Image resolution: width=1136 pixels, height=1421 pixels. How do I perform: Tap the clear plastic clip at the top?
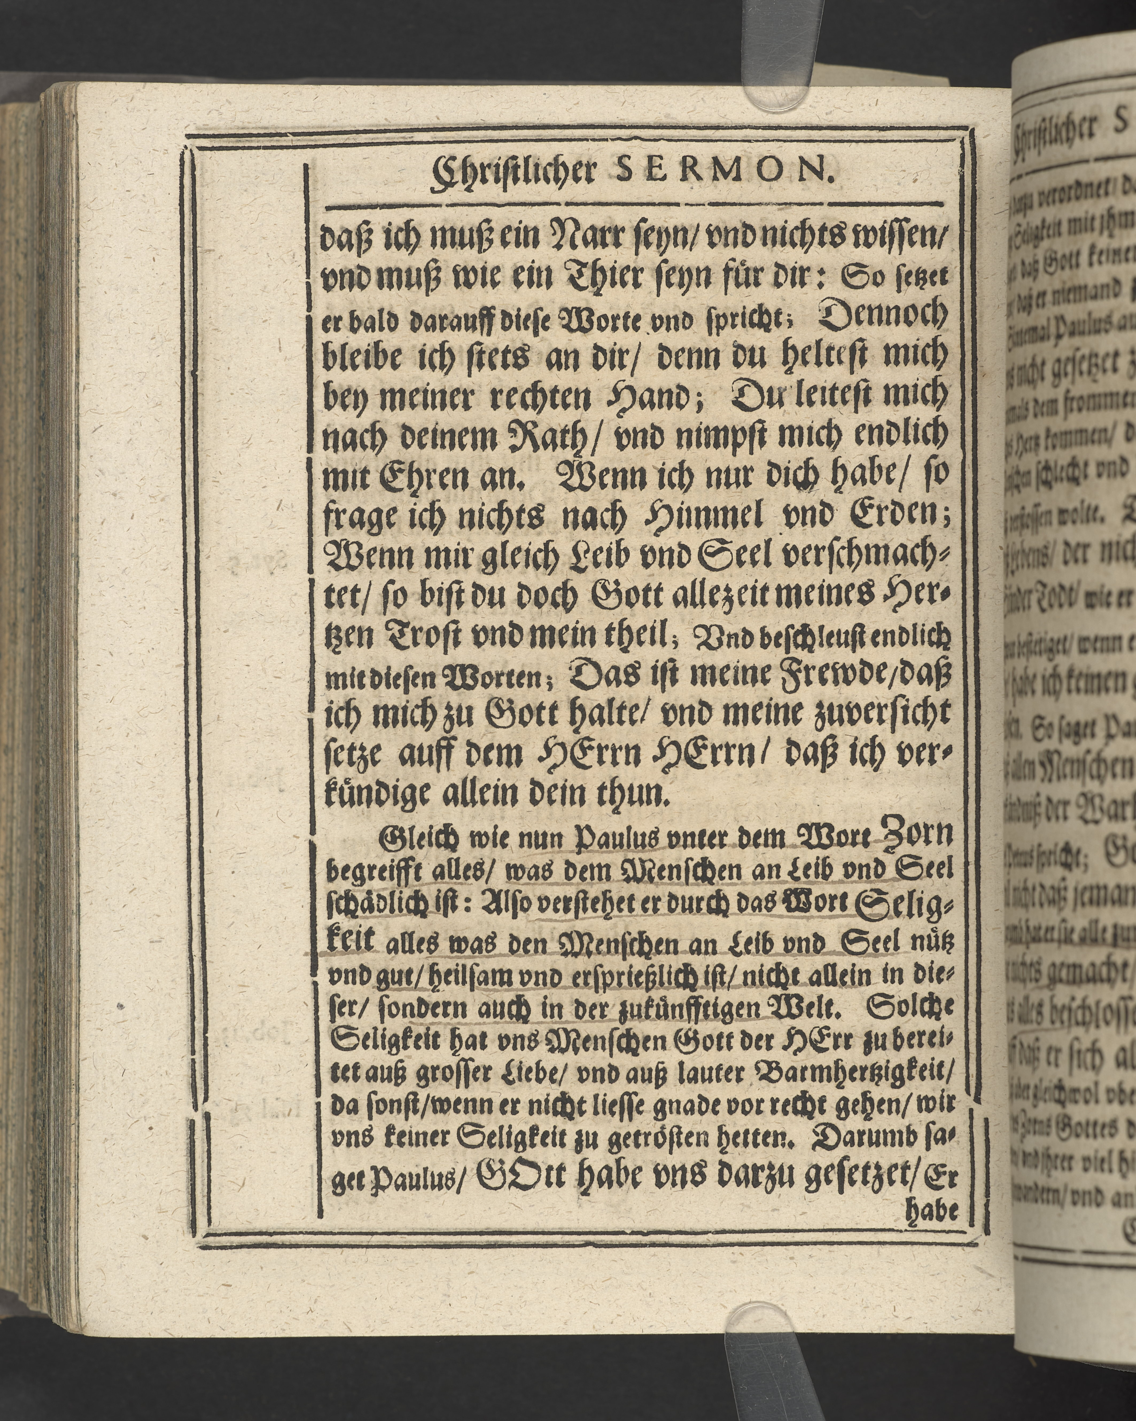pyautogui.click(x=777, y=59)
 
